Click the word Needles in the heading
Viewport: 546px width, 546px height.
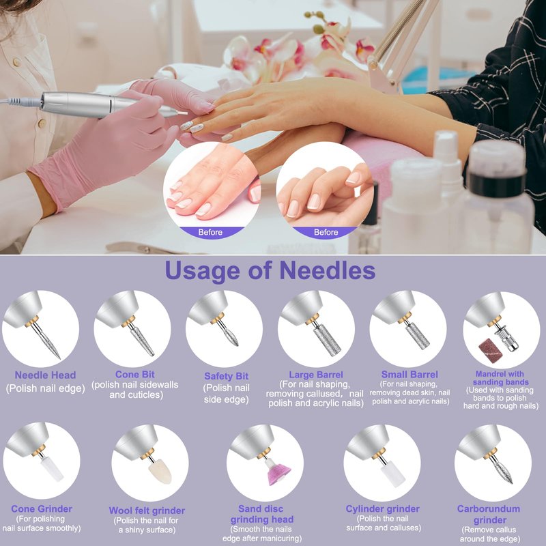pos(328,270)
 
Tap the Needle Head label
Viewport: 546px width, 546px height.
pos(45,375)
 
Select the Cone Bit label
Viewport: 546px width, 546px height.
pos(134,374)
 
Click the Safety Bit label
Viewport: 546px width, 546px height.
pos(227,376)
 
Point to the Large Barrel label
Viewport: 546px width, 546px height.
pos(316,375)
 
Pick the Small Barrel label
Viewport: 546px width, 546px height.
pos(409,375)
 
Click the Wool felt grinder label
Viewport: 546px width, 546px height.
pos(147,511)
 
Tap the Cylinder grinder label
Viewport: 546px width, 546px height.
pos(382,508)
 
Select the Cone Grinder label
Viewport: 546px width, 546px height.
pos(42,508)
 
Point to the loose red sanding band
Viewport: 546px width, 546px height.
pos(489,350)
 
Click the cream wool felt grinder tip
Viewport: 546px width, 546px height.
pos(160,471)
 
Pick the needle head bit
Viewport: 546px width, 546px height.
pos(47,341)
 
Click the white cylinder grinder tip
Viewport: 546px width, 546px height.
pos(393,473)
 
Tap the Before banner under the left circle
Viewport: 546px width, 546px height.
pos(210,232)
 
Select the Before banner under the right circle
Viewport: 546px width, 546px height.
pos(326,232)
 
